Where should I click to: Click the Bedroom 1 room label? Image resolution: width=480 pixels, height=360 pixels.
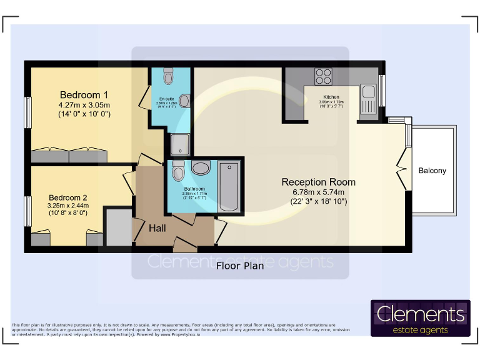(x=84, y=94)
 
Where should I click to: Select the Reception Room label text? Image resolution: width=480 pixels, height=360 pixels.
(x=318, y=182)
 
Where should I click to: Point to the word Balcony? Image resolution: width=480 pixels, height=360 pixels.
(x=432, y=171)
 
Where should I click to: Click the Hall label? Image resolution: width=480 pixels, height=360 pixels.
(x=157, y=229)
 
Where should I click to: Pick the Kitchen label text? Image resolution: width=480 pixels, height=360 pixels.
(x=331, y=97)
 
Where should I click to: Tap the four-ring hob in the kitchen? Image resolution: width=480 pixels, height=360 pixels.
(x=323, y=76)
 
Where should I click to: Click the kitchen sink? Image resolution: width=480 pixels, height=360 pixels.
(x=367, y=95)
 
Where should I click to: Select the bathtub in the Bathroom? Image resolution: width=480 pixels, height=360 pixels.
(x=229, y=186)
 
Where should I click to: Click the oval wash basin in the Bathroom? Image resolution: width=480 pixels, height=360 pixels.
(x=201, y=167)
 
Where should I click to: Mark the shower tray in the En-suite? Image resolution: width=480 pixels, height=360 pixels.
(x=180, y=144)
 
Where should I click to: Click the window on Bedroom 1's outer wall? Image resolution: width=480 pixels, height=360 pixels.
(x=27, y=112)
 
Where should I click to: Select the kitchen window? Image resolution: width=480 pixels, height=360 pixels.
(x=382, y=88)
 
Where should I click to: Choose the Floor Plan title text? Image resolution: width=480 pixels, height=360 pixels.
(x=240, y=266)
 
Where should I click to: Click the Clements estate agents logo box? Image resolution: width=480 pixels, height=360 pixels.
(x=420, y=318)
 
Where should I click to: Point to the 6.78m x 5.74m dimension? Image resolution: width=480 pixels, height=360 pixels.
(x=319, y=192)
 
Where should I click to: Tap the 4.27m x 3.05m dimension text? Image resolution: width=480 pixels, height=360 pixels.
(x=84, y=104)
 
